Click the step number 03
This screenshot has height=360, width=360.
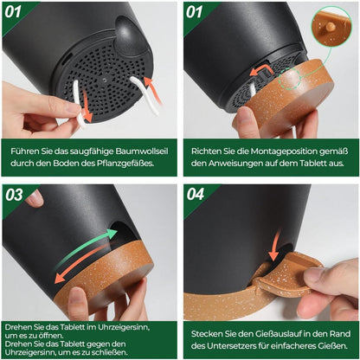(x=14, y=195)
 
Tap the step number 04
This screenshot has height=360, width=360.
(x=196, y=194)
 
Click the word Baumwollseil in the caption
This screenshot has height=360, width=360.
(x=142, y=151)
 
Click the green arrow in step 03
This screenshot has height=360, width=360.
(x=87, y=246)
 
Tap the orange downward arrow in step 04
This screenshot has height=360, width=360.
(x=275, y=244)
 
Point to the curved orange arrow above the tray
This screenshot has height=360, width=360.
(x=260, y=70)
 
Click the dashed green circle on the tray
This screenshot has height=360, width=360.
(x=290, y=79)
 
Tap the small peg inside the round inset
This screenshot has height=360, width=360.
(x=331, y=27)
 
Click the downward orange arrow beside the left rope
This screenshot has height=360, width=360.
(x=87, y=106)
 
